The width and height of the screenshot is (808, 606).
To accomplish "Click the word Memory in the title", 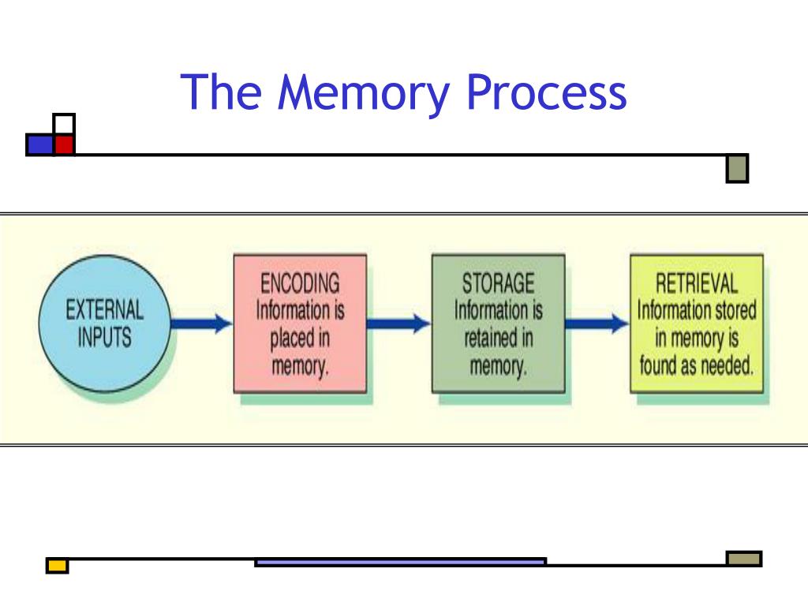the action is click(x=363, y=92).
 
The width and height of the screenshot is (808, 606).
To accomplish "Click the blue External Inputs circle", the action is click(x=105, y=324).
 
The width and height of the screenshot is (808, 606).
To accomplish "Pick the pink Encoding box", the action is click(x=300, y=324).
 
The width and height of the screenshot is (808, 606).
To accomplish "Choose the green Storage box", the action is click(x=499, y=324).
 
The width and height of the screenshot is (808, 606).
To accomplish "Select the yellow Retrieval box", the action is click(x=697, y=324).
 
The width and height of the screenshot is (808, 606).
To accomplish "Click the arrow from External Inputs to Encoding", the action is click(x=201, y=324).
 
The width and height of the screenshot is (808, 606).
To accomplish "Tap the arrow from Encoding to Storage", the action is click(x=398, y=324).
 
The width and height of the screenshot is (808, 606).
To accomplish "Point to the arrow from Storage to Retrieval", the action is click(x=597, y=324).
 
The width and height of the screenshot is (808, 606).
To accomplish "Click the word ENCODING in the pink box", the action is click(x=300, y=283).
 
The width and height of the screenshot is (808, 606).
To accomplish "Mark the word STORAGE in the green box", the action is click(x=499, y=283).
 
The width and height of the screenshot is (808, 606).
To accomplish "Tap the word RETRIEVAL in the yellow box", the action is click(x=697, y=283).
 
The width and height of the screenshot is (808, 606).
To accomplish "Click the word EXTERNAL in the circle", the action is click(x=105, y=310).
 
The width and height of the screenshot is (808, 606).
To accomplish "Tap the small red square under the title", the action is click(x=65, y=144).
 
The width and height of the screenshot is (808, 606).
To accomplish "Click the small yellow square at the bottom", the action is click(x=57, y=566).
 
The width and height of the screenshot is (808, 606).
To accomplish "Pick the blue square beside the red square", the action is click(x=40, y=145).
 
